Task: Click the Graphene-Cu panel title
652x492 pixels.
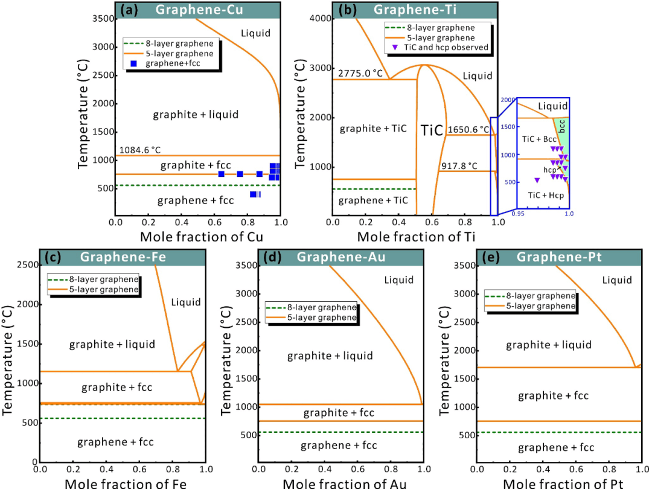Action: (x=195, y=10)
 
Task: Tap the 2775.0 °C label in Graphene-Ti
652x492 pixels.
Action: (x=361, y=73)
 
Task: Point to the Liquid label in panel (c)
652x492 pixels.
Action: (x=185, y=302)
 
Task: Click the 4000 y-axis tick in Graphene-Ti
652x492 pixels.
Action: (x=319, y=18)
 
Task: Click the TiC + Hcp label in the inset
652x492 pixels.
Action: (x=545, y=195)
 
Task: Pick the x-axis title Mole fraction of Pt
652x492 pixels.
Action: (x=559, y=484)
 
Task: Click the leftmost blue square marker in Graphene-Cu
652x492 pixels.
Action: (x=221, y=174)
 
